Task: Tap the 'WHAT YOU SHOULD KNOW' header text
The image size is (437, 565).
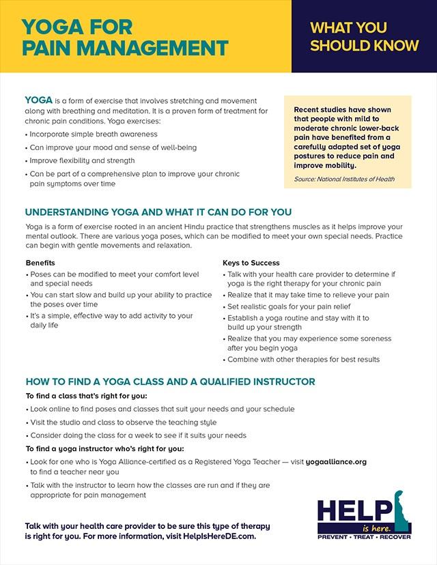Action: [363, 37]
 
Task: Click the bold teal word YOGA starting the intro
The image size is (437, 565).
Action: [38, 101]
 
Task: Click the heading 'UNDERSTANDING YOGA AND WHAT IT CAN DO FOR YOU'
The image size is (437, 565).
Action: [158, 212]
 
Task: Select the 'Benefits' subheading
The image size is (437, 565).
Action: [40, 263]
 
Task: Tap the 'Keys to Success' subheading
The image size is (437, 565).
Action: [251, 263]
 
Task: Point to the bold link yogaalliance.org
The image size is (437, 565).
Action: [335, 462]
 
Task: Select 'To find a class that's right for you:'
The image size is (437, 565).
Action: [86, 396]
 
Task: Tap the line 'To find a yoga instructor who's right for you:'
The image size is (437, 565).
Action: [104, 448]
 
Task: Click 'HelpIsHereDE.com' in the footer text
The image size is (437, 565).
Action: [221, 537]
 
